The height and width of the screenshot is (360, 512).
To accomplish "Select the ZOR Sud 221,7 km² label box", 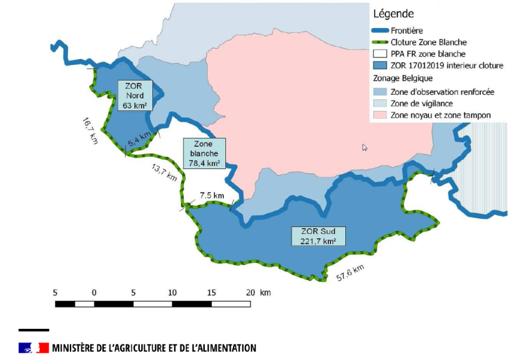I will coord(318,235).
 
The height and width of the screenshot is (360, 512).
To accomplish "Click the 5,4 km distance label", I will coord(139,140).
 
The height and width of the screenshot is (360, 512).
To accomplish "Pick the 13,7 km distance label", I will coord(164,172).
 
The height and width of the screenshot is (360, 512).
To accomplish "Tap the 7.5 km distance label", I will coord(212,195).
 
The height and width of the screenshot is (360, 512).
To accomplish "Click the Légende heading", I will coord(394,13).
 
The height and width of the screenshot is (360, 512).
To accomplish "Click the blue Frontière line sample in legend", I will coord(379,31).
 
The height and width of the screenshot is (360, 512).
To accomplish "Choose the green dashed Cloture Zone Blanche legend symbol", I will coord(379,42).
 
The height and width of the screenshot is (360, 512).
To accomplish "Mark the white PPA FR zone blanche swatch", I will coord(379,54).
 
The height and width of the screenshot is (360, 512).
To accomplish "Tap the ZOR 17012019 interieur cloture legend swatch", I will coord(379,65).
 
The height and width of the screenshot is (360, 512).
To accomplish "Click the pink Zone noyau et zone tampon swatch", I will coord(379,115).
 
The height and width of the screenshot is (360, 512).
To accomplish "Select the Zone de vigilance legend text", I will coord(421,103).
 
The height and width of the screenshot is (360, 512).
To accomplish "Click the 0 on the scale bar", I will coord(94,293).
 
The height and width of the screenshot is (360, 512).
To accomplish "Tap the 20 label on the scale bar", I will coord(250,293).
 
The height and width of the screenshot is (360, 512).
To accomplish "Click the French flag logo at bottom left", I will coord(34,348).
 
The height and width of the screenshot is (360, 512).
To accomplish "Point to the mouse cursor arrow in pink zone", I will coord(365,148).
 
